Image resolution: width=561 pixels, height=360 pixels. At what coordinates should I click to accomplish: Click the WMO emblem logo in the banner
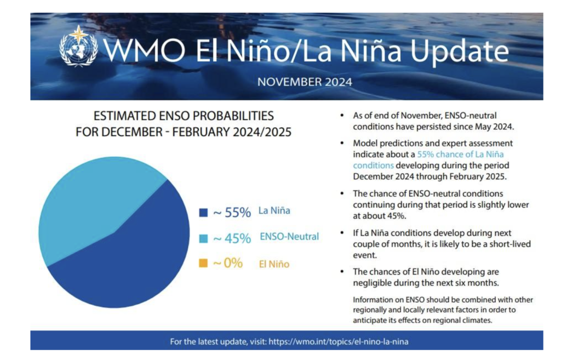[78, 46]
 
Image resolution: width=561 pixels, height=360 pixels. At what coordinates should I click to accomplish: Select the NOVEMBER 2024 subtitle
[305, 82]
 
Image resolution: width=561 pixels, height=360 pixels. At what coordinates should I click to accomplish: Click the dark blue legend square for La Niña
[203, 213]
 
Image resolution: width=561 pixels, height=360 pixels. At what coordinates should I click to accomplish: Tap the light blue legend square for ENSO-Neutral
[203, 238]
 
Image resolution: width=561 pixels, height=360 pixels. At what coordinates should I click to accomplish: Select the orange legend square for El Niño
[203, 263]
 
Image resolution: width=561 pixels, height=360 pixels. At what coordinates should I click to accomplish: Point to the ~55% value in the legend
[232, 213]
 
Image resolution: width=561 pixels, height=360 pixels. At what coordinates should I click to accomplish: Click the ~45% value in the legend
[232, 238]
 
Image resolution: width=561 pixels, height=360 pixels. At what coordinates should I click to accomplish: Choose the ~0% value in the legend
[228, 263]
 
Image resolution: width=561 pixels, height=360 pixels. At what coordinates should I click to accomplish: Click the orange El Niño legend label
[274, 264]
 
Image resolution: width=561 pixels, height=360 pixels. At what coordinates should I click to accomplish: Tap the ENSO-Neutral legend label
[289, 237]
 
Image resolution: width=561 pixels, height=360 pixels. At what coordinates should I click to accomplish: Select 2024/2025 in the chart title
[262, 132]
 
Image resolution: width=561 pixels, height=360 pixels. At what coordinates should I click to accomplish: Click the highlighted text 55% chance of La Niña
[460, 154]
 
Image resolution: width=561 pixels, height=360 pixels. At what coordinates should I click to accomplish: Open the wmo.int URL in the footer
[339, 342]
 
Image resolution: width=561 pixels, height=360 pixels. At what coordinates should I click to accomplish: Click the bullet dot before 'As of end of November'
[342, 116]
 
